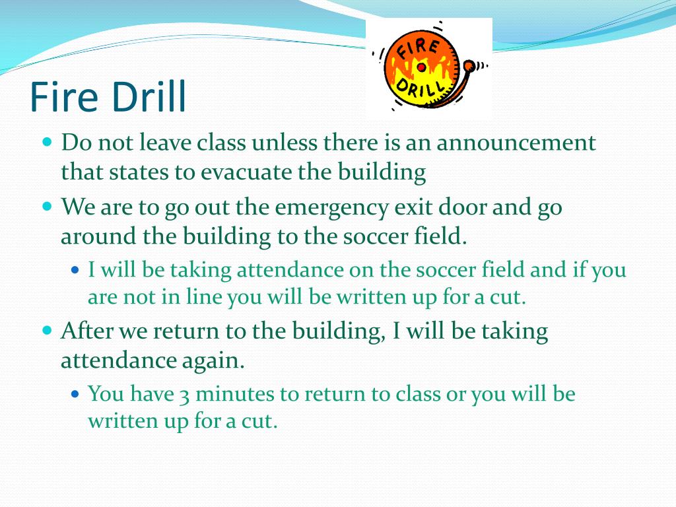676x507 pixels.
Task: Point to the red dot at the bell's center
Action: [421, 67]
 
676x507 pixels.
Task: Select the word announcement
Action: [516, 143]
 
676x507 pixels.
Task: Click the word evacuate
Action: [245, 172]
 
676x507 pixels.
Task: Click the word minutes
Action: [234, 395]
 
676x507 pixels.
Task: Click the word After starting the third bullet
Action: [86, 330]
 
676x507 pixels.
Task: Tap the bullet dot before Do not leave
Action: [47, 141]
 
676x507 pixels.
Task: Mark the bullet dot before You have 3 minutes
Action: [75, 394]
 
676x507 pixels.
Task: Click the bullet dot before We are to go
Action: [47, 206]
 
